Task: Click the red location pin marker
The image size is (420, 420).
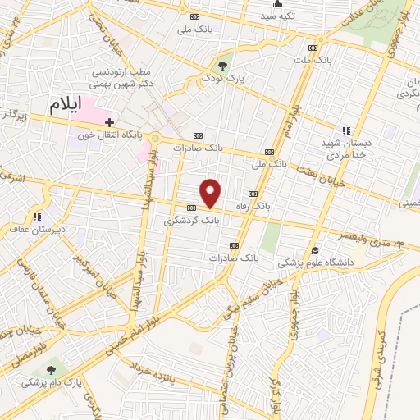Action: [211, 194]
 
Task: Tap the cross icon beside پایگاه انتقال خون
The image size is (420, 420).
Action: [109, 121]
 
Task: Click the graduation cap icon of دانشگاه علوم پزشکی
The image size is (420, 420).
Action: [313, 251]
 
